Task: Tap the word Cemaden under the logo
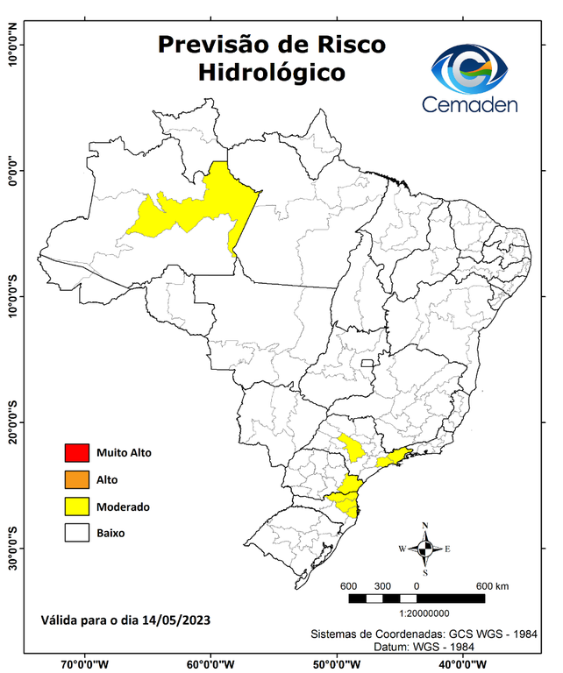(x=470, y=104)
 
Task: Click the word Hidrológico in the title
(x=271, y=71)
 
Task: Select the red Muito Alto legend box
(x=76, y=453)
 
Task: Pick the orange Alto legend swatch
(x=76, y=479)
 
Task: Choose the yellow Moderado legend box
(x=76, y=506)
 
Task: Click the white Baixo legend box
(x=76, y=532)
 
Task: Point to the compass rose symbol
(x=425, y=549)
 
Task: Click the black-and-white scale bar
(x=417, y=599)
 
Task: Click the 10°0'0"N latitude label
(x=13, y=44)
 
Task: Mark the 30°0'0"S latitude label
(x=13, y=549)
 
